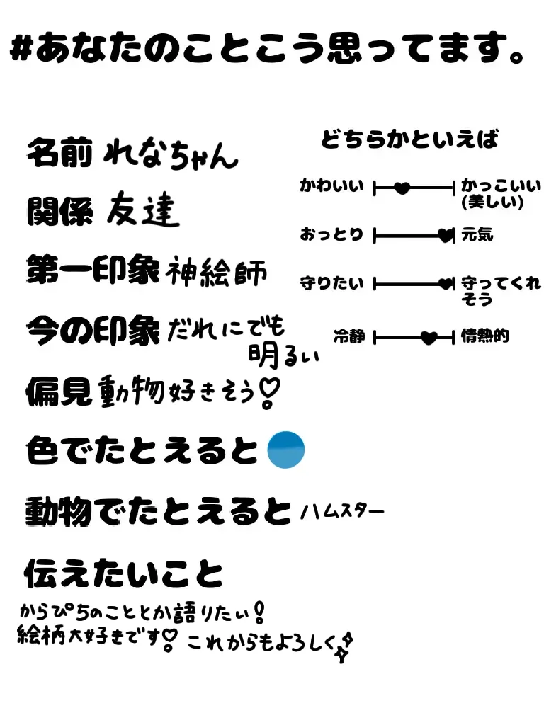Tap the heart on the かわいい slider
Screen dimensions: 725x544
click(402, 188)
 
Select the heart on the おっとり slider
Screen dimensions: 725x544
click(445, 235)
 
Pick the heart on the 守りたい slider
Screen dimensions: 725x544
click(446, 285)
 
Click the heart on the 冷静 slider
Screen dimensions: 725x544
click(429, 338)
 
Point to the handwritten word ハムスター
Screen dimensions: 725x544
click(342, 510)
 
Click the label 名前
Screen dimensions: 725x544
click(59, 152)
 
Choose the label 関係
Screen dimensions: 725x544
click(59, 210)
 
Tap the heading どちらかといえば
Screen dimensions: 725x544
click(409, 139)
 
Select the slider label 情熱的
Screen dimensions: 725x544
click(485, 336)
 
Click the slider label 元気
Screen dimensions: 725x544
click(477, 234)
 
